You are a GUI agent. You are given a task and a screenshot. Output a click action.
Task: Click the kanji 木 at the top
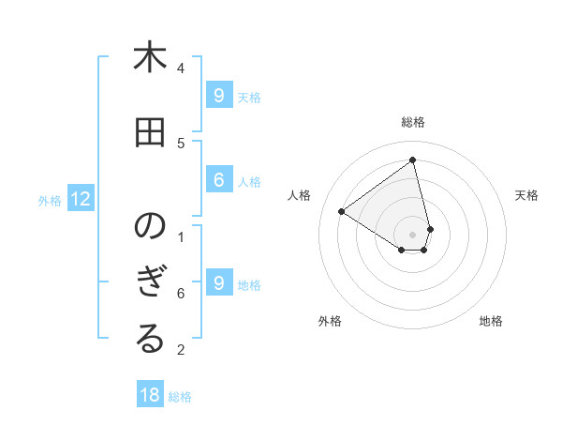click(x=150, y=58)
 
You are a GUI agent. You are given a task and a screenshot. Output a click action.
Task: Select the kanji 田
click(x=150, y=133)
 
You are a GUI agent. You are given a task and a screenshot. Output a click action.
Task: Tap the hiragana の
click(x=150, y=228)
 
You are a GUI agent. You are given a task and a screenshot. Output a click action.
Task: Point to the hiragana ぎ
click(x=150, y=285)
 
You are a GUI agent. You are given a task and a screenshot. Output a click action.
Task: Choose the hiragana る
click(x=150, y=341)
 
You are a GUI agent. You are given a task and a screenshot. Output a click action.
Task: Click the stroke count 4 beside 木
click(x=181, y=68)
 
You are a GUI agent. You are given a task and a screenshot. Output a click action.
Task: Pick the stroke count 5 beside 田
click(x=181, y=143)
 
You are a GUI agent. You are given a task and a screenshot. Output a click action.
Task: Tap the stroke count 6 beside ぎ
click(x=181, y=294)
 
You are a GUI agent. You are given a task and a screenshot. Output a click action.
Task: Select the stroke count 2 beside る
click(x=181, y=350)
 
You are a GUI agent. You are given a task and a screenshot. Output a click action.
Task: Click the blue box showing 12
click(x=81, y=199)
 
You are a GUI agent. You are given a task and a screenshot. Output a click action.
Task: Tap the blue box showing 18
click(x=150, y=395)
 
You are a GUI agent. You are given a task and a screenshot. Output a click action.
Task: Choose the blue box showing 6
click(x=218, y=180)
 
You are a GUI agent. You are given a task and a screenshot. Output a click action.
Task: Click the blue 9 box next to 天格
click(x=218, y=96)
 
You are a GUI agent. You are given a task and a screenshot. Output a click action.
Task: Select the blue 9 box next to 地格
click(x=218, y=283)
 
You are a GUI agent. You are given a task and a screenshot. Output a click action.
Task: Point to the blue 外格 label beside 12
click(x=50, y=200)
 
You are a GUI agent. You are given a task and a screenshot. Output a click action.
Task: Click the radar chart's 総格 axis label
click(x=413, y=122)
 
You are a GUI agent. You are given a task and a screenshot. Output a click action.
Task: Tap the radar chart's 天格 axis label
click(x=527, y=195)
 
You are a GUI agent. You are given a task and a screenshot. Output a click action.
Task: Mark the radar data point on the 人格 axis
click(x=341, y=212)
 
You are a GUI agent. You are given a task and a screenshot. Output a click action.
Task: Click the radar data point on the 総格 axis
click(x=413, y=160)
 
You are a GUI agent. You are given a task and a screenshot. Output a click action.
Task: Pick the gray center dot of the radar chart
click(x=413, y=233)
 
